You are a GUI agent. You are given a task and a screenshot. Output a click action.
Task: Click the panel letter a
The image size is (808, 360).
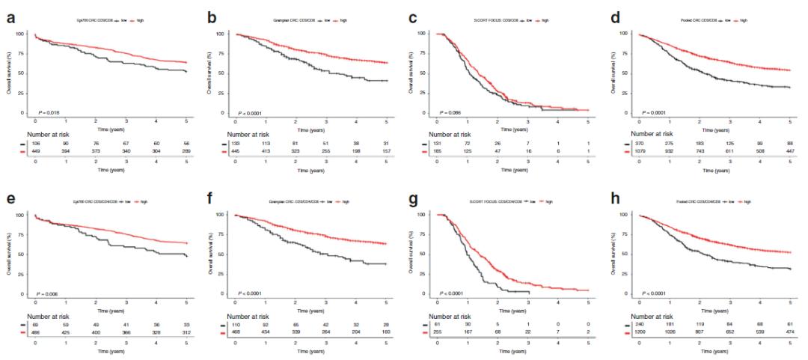[x=12, y=16]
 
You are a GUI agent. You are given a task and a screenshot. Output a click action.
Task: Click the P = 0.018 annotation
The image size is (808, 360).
[x=48, y=112]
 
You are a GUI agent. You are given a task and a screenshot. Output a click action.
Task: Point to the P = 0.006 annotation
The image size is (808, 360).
[x=48, y=293]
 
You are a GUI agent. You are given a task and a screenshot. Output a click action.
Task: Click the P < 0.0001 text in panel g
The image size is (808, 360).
[x=453, y=293]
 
